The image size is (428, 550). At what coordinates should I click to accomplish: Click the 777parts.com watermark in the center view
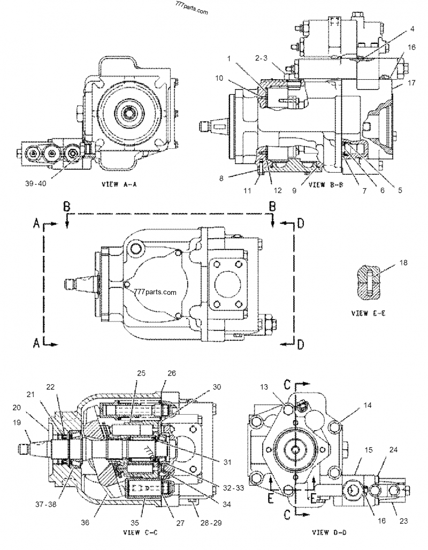pos(156,293)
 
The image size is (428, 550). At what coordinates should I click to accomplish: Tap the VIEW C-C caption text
pos(138,533)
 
